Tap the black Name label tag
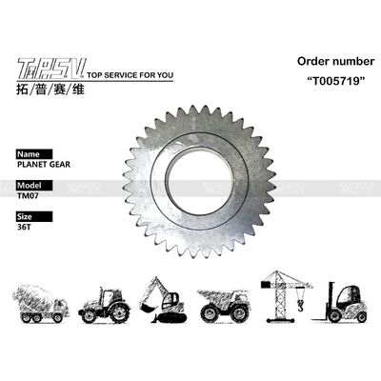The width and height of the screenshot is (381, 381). tap(30, 152)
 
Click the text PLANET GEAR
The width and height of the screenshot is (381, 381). tap(43, 164)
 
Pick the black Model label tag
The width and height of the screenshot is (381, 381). tap(31, 185)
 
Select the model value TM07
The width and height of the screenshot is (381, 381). tap(30, 196)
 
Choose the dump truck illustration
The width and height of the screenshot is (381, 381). tap(224, 304)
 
